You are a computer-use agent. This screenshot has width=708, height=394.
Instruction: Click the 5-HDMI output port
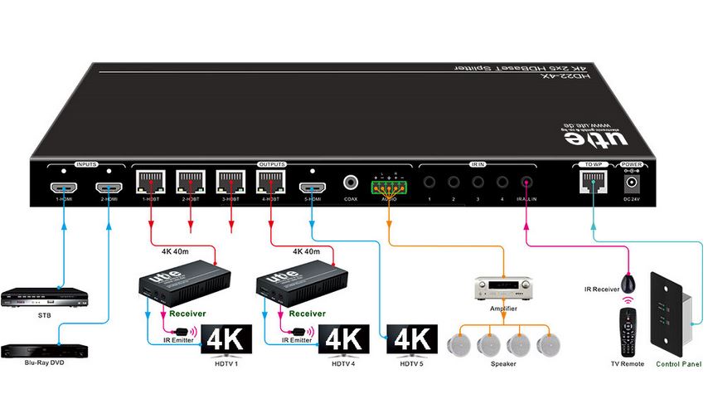pos(312,185)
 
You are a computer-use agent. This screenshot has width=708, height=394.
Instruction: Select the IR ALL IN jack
pos(525,183)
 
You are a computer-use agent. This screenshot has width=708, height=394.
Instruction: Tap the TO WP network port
pos(593,183)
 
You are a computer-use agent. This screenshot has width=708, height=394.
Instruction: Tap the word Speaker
pos(502,363)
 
